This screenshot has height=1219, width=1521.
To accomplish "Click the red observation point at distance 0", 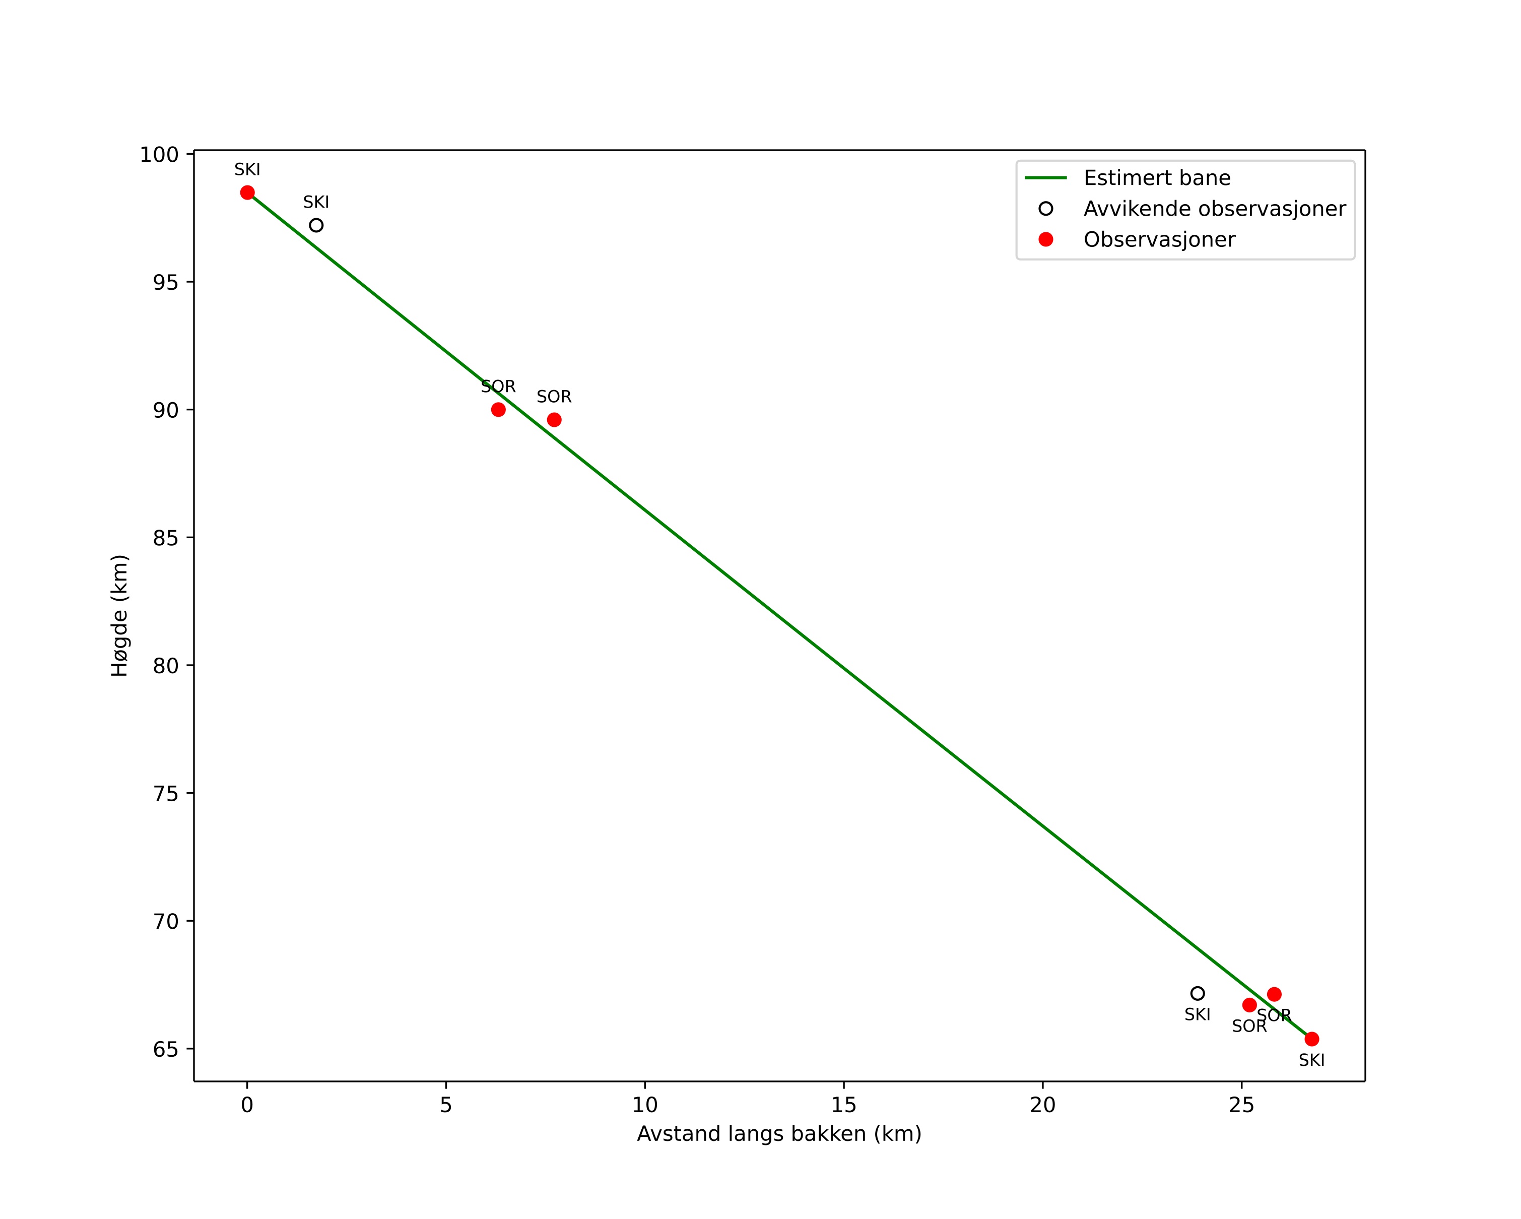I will [x=247, y=193].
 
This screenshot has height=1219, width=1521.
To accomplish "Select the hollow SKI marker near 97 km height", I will [x=316, y=226].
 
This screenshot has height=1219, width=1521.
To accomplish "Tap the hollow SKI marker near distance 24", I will [x=1197, y=993].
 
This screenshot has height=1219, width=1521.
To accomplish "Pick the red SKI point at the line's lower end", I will [x=1311, y=1039].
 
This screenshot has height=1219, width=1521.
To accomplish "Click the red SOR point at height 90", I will [x=498, y=409].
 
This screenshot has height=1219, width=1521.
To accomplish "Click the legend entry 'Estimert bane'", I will [x=1157, y=178].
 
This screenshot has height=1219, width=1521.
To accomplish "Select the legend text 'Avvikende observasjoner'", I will [x=1214, y=209].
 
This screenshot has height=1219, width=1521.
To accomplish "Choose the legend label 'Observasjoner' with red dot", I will [x=1159, y=240].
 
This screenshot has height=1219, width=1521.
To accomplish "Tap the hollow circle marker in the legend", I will [x=1045, y=209].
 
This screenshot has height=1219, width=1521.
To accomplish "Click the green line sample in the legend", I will [x=1045, y=178].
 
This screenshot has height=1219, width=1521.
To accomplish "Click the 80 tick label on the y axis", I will [x=166, y=665].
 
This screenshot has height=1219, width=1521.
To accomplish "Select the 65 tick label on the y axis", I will [x=166, y=1049].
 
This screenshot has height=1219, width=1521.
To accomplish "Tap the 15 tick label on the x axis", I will [x=844, y=1106].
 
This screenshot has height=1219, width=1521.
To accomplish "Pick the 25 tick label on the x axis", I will [x=1241, y=1106].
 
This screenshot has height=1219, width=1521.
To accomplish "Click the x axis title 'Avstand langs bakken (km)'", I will [x=779, y=1134].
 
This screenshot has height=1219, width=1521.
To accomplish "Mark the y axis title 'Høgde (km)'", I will [x=120, y=615].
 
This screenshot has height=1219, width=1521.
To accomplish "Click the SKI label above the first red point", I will [x=247, y=170].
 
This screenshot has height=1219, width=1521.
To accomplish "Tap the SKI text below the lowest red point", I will [x=1311, y=1060].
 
